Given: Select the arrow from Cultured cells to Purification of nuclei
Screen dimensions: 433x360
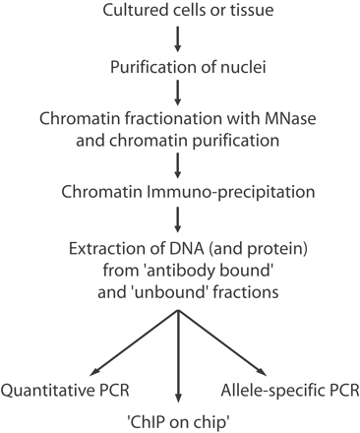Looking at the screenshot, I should [x=178, y=40].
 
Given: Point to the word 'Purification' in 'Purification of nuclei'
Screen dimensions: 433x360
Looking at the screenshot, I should [x=145, y=67].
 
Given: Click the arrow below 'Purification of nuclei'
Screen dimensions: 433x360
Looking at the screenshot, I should [x=178, y=93].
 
